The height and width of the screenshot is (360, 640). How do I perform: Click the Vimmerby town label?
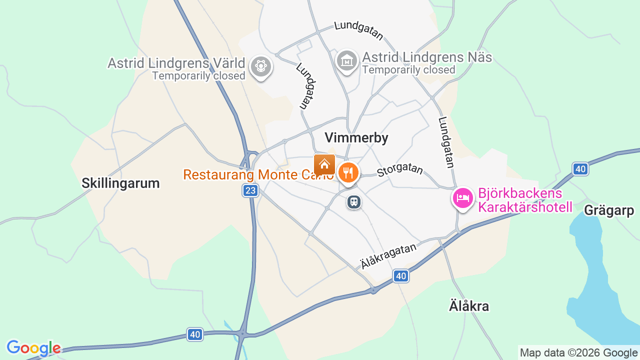tap(356, 138)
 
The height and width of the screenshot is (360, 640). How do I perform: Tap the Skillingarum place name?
tap(120, 183)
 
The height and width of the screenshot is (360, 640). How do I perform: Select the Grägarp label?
tap(608, 210)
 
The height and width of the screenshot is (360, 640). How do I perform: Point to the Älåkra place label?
tap(468, 306)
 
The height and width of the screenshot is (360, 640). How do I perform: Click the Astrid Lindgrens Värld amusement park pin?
tap(260, 66)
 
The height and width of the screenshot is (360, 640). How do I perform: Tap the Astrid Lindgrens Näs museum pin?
tap(346, 60)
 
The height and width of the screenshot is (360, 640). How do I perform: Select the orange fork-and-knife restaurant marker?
tap(348, 173)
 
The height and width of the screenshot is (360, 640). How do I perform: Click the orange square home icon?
tap(324, 164)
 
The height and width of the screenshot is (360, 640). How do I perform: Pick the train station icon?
tap(354, 202)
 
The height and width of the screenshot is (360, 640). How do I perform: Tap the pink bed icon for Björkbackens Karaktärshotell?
tap(463, 198)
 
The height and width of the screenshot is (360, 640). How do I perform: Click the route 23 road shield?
tap(250, 190)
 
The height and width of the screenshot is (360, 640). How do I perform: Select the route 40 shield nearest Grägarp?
tap(580, 169)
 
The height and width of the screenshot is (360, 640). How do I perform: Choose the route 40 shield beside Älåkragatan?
tap(400, 276)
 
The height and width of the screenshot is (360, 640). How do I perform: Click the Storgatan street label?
tap(400, 170)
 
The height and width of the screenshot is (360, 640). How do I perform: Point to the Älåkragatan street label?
tap(388, 256)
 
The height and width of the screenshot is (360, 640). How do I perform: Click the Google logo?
tap(33, 348)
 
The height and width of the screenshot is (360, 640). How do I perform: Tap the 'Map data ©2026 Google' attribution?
tap(578, 353)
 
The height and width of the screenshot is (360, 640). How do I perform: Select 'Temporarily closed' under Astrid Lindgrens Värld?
tap(198, 76)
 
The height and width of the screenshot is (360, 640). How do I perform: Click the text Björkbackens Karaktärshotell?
tap(525, 200)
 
